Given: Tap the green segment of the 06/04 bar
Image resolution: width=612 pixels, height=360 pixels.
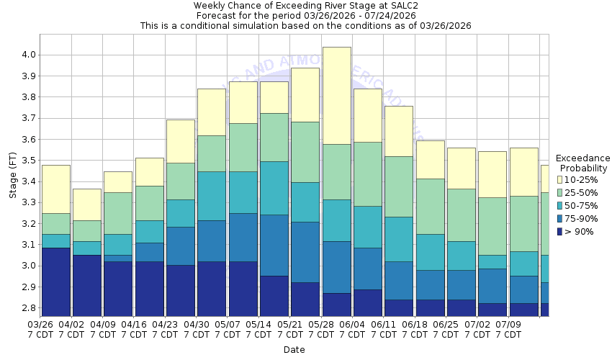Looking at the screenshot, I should tap(368, 174).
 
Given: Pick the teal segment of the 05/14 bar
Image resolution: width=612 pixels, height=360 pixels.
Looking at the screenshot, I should tap(274, 188).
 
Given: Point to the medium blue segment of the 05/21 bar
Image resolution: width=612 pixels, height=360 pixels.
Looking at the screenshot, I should tap(305, 252).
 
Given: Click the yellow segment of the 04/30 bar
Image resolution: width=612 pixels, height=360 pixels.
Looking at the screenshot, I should tap(212, 112).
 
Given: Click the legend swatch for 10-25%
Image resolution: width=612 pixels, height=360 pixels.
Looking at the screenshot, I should tap(559, 179).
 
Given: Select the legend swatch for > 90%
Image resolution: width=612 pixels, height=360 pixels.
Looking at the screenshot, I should tap(559, 231).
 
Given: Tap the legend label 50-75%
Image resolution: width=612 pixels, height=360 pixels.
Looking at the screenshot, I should tap(580, 205).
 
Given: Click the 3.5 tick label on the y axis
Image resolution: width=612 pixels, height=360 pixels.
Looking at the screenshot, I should tap(30, 161).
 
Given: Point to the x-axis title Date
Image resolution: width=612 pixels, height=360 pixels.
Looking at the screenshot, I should tap(294, 350).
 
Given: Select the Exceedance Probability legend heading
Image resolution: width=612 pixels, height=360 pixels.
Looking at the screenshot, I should tap(582, 163).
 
